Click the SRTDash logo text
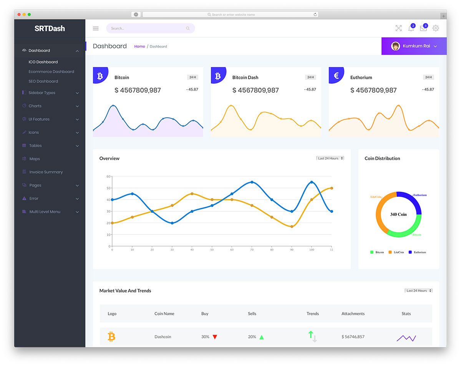[x=50, y=28]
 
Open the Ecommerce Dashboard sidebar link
[x=51, y=72]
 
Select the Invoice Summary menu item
[x=46, y=172]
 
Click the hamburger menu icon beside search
[x=96, y=28]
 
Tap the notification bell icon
[x=411, y=28]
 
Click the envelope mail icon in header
[x=423, y=28]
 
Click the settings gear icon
[x=436, y=28]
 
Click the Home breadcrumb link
[x=139, y=47]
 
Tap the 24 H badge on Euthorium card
[x=428, y=77]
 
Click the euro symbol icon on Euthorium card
[x=336, y=76]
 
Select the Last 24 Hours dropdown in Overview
[x=330, y=158]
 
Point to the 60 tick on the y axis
[x=108, y=176]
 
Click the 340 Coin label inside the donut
[x=398, y=214]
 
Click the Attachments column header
[x=353, y=314]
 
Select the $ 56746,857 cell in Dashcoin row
[x=353, y=337]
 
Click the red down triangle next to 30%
[x=215, y=337]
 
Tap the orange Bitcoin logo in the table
[x=111, y=337]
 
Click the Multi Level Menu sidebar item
[x=45, y=212]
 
